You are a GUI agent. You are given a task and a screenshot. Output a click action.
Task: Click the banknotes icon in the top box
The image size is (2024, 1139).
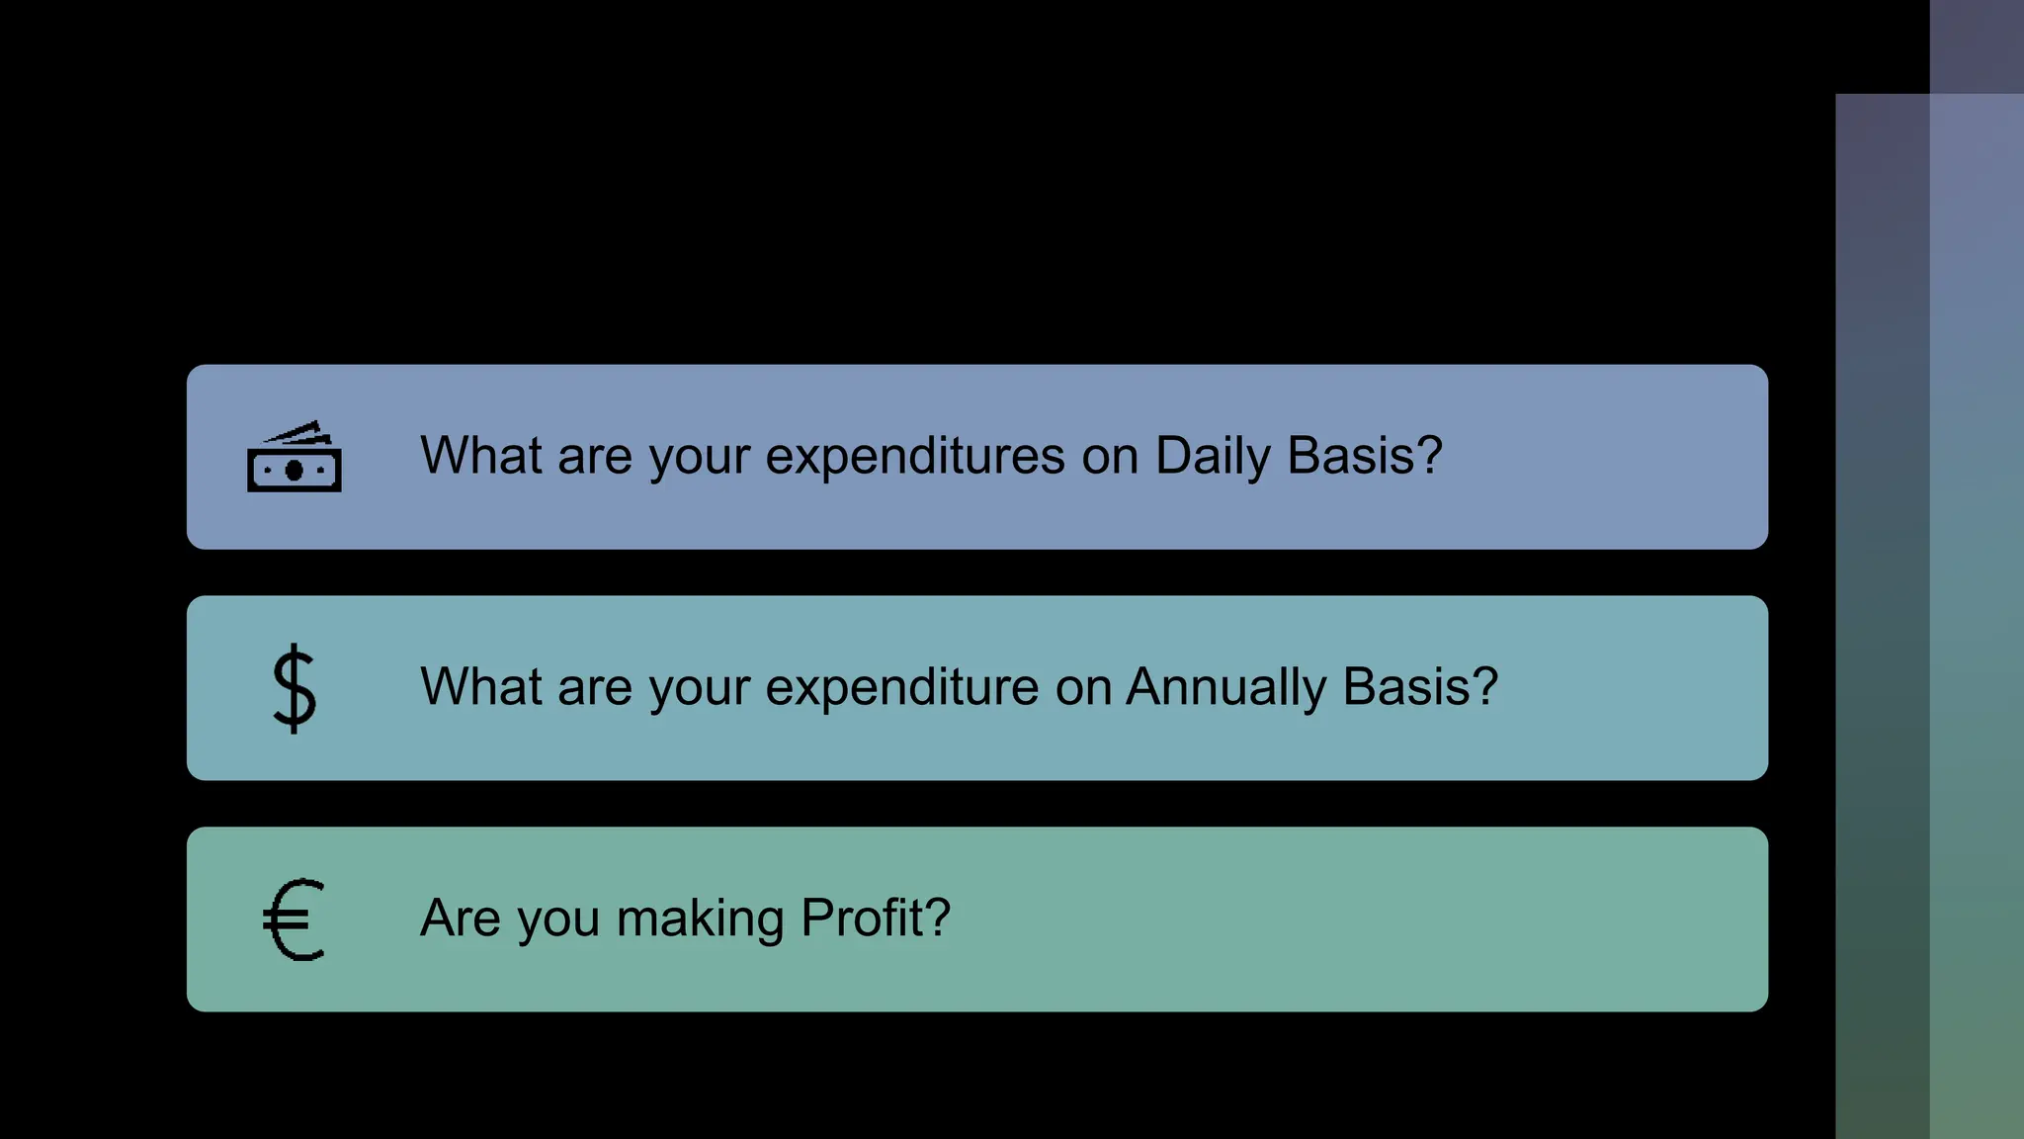(x=295, y=457)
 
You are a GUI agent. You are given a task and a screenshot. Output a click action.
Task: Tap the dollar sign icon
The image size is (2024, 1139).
(x=295, y=688)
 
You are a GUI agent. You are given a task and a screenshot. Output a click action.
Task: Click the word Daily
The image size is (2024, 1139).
(x=1213, y=457)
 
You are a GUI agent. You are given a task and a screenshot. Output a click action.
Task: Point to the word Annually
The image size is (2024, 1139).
(x=1225, y=688)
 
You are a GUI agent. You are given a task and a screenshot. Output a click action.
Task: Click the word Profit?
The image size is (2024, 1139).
(x=876, y=918)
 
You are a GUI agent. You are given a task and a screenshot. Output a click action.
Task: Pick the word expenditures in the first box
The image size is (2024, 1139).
(x=915, y=457)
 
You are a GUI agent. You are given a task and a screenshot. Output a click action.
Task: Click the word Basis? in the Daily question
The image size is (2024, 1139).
(x=1365, y=457)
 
